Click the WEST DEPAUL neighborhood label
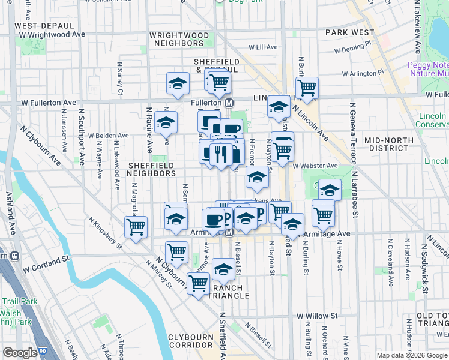(44, 26)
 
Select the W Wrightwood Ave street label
(52, 35)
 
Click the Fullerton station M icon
(229, 103)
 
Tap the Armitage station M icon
(229, 233)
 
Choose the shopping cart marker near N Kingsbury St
(136, 227)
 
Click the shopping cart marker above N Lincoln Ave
(307, 88)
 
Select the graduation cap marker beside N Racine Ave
(166, 122)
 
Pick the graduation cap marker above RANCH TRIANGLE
(223, 269)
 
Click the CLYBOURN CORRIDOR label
(191, 341)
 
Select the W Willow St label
(316, 316)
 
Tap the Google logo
(20, 353)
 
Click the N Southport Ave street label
(80, 137)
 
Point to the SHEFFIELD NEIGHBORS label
(151, 169)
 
